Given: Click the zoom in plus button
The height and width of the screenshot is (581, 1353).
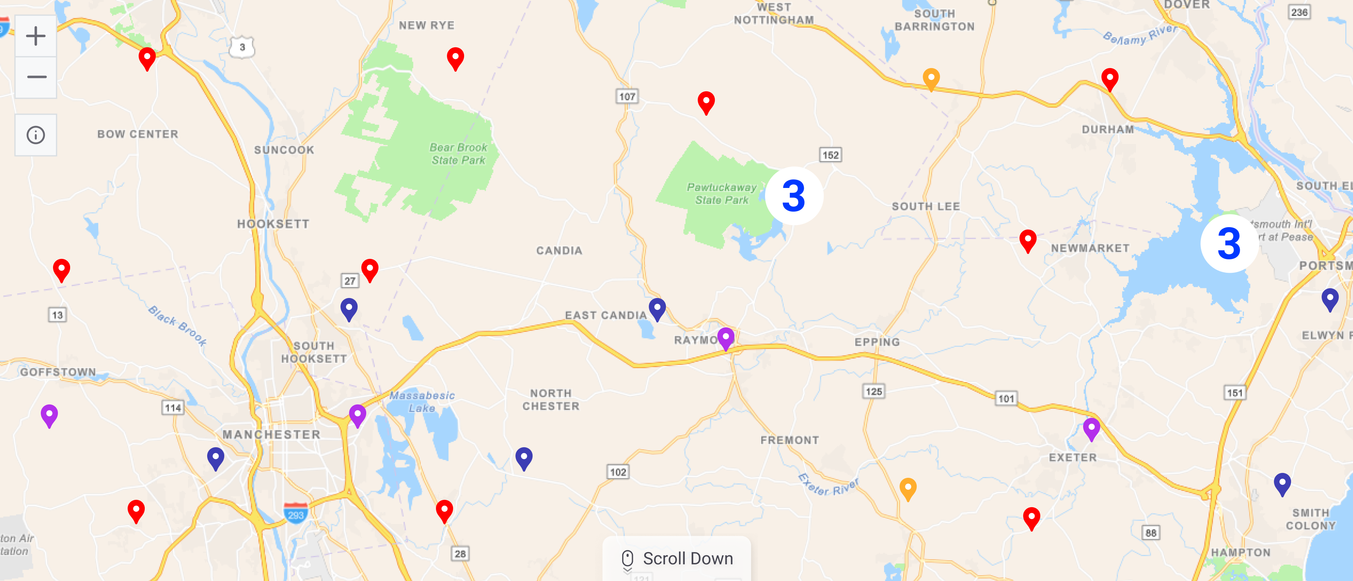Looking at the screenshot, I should [x=36, y=36].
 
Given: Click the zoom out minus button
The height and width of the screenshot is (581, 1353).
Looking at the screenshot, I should [x=36, y=77].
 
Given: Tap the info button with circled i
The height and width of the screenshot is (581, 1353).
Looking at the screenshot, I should [x=36, y=135].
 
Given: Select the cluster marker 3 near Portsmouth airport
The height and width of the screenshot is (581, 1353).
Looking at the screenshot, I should [x=1229, y=244].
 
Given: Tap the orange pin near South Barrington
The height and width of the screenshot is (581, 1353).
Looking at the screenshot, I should [x=931, y=79].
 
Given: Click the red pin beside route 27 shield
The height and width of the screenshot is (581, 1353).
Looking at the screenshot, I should [x=370, y=270].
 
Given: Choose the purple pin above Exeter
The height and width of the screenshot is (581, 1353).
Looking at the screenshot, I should [x=1091, y=429].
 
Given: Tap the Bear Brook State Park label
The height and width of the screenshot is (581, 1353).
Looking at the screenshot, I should [x=458, y=154].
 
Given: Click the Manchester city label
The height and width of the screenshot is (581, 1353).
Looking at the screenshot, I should [x=271, y=435].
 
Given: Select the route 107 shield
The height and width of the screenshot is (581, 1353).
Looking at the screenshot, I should [x=627, y=97].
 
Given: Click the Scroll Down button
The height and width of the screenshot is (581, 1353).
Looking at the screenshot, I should [x=676, y=559].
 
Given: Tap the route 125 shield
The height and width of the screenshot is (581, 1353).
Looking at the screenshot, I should [x=873, y=391].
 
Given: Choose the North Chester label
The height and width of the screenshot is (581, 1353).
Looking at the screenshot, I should [x=550, y=400].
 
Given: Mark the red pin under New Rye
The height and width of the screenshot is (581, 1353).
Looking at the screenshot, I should [x=455, y=58].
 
